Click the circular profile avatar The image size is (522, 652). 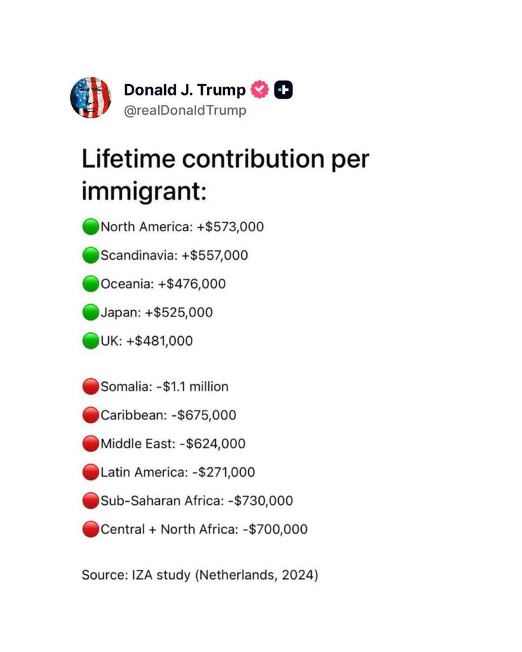[90, 97]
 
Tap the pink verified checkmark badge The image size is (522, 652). [260, 89]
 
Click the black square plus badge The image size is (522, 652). [283, 89]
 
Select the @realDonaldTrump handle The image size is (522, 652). [185, 110]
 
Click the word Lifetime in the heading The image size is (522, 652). [129, 159]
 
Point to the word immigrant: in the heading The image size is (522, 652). [144, 192]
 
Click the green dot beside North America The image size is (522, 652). [90, 227]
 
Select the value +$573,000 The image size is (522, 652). [230, 227]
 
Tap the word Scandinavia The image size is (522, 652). [139, 255]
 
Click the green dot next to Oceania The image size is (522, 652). [90, 283]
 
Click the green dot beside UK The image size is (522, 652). [90, 341]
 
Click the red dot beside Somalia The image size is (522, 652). [90, 386]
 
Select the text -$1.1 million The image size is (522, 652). [192, 386]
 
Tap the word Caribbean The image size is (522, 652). [134, 415]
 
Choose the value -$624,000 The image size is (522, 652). [213, 444]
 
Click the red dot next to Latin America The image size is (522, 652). [90, 472]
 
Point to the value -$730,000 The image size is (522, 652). [260, 500]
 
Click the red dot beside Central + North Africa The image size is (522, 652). [90, 529]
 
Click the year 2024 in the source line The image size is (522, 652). [297, 575]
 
